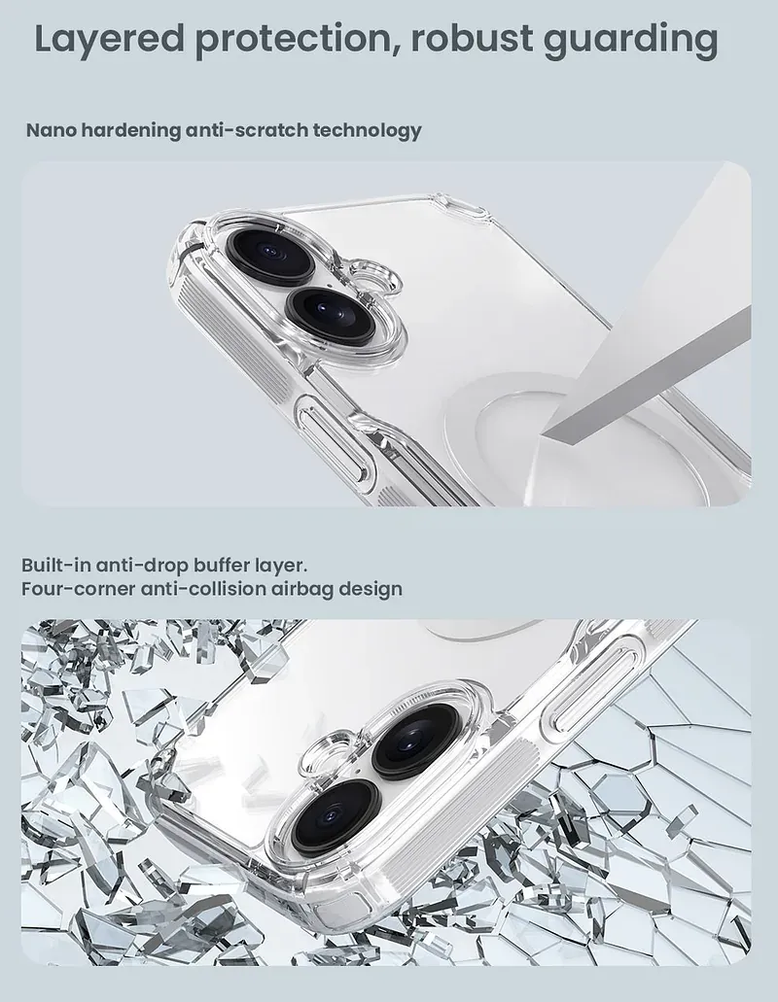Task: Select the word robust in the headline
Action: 471,38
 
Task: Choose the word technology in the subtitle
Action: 367,130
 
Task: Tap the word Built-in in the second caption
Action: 55,565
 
